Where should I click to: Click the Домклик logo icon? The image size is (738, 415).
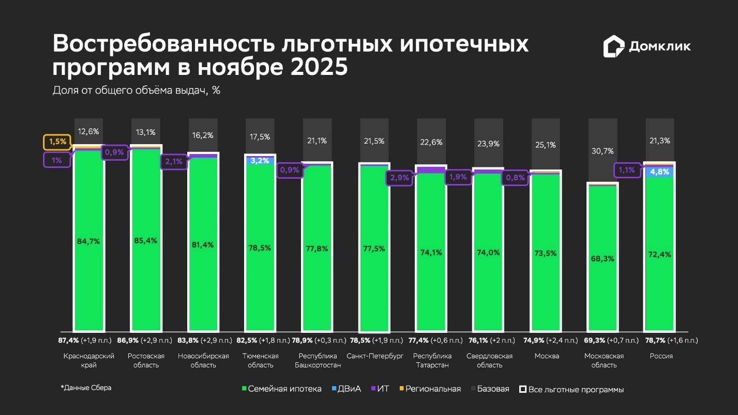click(x=614, y=47)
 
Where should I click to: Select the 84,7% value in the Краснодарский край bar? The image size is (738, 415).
click(x=88, y=241)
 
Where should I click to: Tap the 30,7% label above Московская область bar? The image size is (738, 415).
click(x=602, y=151)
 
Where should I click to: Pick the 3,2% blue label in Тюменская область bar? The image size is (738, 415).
click(x=260, y=161)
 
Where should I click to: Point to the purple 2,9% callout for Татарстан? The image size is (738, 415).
click(x=399, y=178)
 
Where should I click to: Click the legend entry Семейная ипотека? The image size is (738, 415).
click(x=281, y=389)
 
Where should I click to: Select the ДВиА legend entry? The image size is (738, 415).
click(x=346, y=389)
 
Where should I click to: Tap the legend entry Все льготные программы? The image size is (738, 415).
click(x=571, y=389)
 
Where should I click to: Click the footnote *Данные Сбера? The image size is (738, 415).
click(x=86, y=388)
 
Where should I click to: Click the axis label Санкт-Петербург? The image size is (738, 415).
click(x=375, y=356)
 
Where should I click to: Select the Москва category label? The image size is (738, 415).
click(x=547, y=356)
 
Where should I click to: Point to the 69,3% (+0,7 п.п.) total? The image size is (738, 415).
click(x=604, y=341)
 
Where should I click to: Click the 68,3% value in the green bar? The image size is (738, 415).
click(x=602, y=258)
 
